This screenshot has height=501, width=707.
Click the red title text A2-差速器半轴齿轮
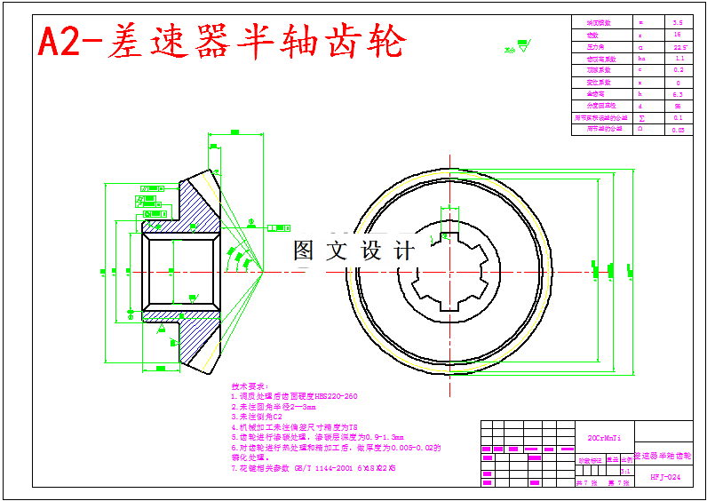coord(222,41)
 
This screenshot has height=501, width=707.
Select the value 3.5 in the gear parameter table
coord(678,22)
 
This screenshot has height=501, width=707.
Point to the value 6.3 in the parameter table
coord(678,93)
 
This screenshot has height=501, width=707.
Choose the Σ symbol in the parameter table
coord(641,117)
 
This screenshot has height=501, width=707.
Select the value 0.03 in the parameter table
coord(678,130)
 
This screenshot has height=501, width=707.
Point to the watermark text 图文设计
coord(353,251)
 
